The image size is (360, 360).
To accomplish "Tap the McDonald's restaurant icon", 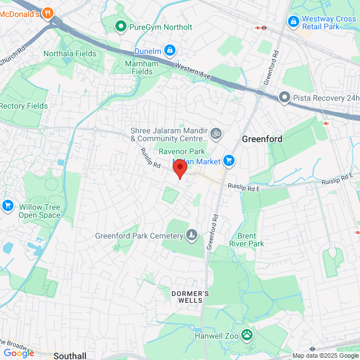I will pos(48,13).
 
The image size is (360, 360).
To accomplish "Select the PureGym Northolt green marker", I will pos(120,26).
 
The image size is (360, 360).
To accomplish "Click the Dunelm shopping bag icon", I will pos(170,51).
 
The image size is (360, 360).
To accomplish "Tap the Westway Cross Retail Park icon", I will pos(292,21).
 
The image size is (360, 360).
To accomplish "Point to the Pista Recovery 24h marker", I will pos(285,98).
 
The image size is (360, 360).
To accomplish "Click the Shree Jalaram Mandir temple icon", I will pos(217,134).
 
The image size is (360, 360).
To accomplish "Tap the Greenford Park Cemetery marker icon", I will pos(192,235).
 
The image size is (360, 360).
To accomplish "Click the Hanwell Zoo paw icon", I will pos(247,335).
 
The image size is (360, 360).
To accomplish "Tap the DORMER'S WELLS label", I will pos(190,297).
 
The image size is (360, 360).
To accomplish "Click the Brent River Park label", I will pos(246,240).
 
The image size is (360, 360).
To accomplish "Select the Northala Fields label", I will pos(70,54).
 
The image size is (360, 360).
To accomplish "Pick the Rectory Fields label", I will pos(24,106).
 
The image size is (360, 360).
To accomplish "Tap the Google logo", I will pos(19,353).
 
